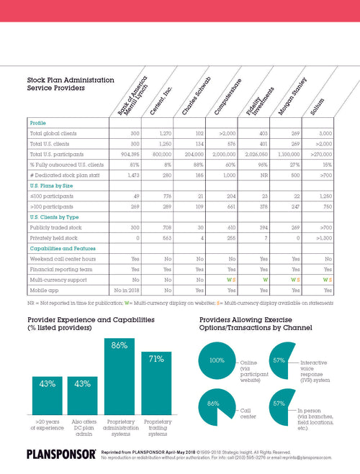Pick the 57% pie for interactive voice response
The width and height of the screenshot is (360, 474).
[276, 360]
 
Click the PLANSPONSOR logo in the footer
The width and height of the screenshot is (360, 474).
[52, 455]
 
